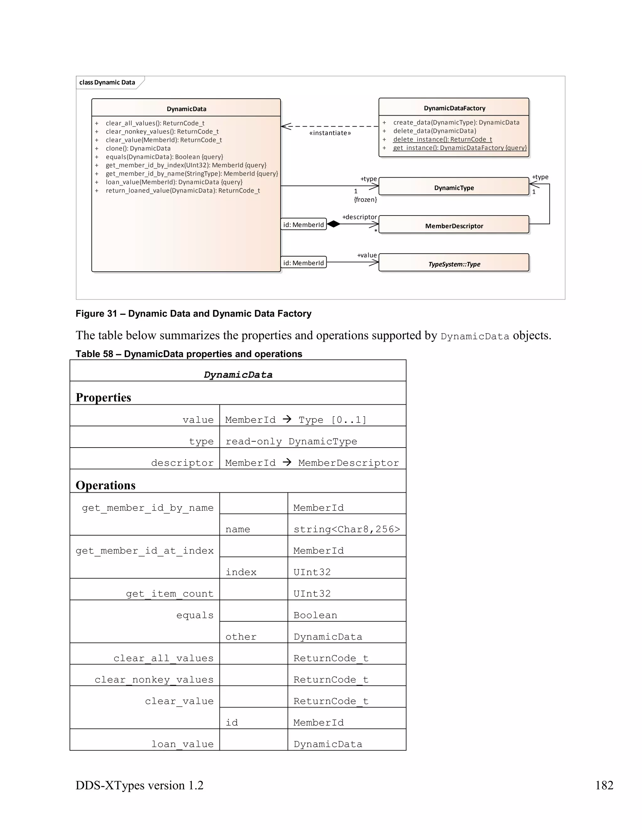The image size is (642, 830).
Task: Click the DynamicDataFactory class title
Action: [454, 108]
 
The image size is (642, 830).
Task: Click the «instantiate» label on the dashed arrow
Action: [330, 133]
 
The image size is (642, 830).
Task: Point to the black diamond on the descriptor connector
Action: [334, 224]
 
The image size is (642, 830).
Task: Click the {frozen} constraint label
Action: [365, 200]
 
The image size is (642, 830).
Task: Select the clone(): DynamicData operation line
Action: [138, 148]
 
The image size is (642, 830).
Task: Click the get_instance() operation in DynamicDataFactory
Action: [460, 148]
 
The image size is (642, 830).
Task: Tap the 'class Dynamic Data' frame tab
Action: [107, 82]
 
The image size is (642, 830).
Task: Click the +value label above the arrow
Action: [367, 255]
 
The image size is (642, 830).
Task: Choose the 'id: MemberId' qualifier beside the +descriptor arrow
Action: [303, 225]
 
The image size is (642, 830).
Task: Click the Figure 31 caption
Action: [193, 314]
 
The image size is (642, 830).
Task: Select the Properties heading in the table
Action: [103, 397]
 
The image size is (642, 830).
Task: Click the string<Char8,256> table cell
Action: [346, 529]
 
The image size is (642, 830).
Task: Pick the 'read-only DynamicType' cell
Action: [291, 441]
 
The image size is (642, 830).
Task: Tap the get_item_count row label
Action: [170, 594]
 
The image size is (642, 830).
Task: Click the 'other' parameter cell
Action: [241, 636]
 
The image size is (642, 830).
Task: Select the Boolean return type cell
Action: [315, 615]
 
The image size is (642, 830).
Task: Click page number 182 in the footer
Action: [604, 785]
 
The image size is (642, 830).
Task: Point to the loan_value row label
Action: [182, 744]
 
